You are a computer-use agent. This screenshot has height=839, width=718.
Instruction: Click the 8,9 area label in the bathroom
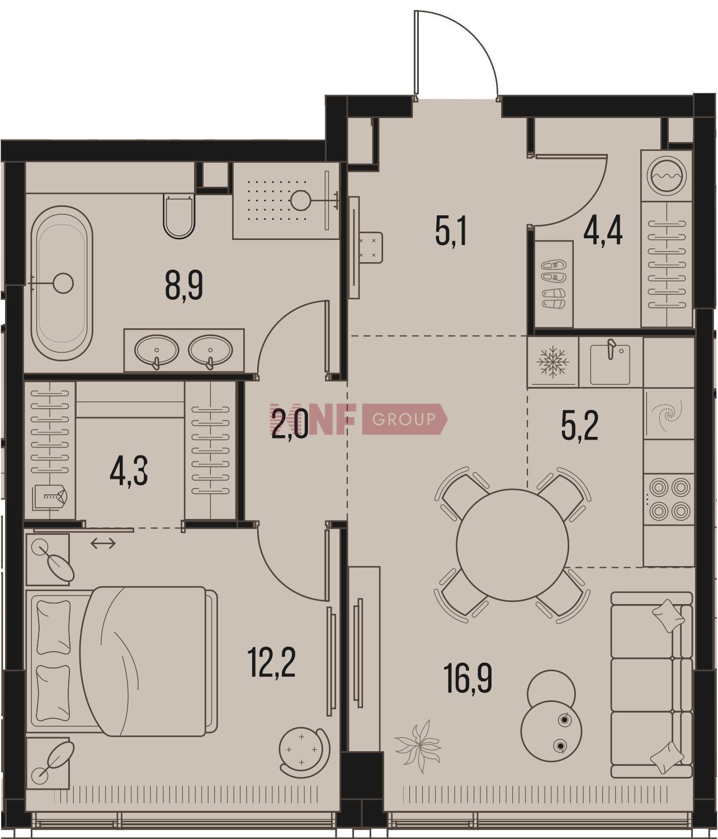(184, 286)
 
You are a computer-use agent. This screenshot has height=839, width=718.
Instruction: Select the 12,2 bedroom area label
(272, 663)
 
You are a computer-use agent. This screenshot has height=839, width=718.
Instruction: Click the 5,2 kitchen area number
(580, 427)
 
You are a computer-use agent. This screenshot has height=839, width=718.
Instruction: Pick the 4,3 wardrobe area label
(129, 471)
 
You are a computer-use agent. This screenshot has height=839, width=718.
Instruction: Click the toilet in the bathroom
(179, 216)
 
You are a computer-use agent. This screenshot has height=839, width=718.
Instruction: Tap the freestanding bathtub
(62, 283)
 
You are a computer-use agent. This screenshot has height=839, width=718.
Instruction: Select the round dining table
(512, 545)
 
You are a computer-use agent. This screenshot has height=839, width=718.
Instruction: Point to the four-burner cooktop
(670, 499)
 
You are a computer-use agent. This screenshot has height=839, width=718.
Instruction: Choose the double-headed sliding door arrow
(103, 543)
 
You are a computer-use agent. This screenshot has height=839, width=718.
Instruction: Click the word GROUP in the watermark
(403, 419)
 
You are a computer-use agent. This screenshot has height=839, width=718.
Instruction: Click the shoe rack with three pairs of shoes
(554, 284)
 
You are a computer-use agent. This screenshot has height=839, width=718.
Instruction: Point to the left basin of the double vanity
(156, 350)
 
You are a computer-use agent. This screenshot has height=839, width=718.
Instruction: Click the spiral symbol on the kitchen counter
(668, 413)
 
